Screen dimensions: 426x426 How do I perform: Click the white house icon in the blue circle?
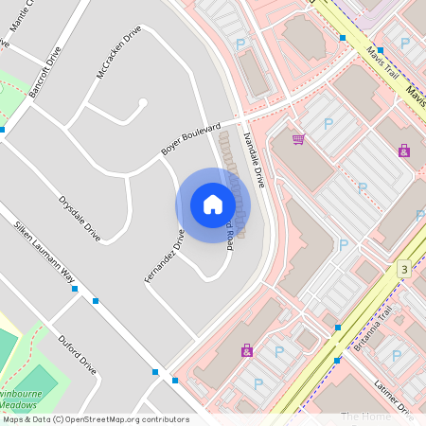pos(212,204)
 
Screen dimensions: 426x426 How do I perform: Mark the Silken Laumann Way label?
pos(43,255)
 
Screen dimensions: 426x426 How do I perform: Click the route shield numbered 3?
pos(404,270)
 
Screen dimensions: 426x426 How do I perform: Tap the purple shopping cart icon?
pos(299,139)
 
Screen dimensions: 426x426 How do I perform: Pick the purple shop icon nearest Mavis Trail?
pos(404,150)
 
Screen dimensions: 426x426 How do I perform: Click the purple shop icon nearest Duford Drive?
pos(247,349)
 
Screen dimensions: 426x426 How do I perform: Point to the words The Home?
pos(366,417)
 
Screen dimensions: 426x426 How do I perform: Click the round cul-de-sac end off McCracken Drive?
pos(143,102)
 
